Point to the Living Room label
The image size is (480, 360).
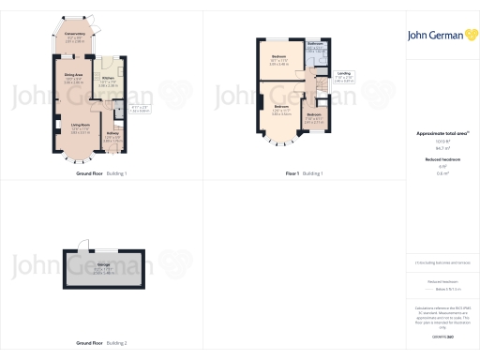pos(80,125)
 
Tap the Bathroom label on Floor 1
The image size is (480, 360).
pos(315,44)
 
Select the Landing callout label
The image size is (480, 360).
pos(344,74)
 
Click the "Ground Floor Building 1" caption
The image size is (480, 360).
pos(101,174)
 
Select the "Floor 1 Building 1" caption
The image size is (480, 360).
pos(304,174)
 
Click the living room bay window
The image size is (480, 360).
pos(55,127)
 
